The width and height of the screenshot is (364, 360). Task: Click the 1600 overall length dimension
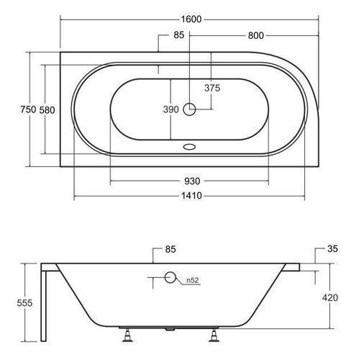click(191, 19)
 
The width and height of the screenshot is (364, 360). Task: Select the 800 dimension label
click(256, 35)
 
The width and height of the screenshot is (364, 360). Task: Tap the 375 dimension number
click(212, 88)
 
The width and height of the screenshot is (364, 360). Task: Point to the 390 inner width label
click(171, 109)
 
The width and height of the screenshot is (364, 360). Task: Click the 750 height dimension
click(28, 109)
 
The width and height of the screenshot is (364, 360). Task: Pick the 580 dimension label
click(47, 110)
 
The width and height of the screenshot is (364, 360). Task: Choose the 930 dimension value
click(192, 181)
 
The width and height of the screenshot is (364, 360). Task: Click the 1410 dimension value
click(191, 196)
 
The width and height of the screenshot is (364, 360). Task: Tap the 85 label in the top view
click(179, 35)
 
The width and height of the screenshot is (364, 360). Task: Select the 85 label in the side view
click(170, 249)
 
